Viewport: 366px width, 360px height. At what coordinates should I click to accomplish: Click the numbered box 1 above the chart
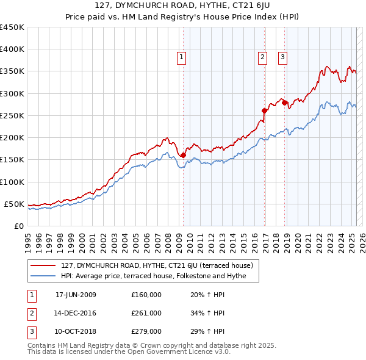182,58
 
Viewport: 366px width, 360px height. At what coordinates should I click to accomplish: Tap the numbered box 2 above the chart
262,58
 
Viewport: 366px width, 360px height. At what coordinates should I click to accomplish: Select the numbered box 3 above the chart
283,58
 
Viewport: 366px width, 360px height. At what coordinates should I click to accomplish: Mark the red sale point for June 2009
183,155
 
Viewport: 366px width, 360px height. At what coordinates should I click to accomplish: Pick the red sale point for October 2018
285,103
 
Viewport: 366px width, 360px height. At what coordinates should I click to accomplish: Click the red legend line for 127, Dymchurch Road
44,265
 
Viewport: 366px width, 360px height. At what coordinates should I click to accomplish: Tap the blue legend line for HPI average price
44,276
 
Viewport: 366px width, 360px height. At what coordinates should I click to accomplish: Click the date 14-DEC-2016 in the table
76,313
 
